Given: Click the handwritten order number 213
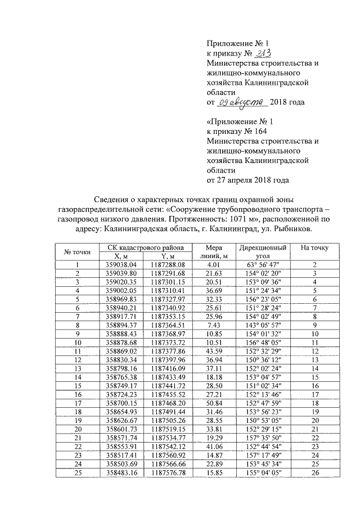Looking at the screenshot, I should [x=262, y=53].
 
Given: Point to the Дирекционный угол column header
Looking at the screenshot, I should [x=263, y=251].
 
